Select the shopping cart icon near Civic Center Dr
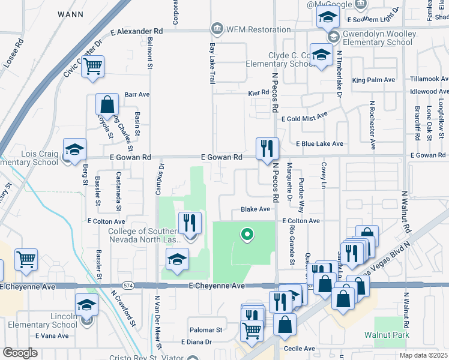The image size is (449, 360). [93, 67]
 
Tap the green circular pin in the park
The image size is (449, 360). [246, 234]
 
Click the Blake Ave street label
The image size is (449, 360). [255, 209]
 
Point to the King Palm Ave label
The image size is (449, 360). [373, 80]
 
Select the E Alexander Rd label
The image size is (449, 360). [136, 31]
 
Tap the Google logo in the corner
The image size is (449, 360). [20, 352]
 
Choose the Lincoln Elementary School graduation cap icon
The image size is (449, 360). [87, 305]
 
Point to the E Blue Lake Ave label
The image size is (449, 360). [319, 144]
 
